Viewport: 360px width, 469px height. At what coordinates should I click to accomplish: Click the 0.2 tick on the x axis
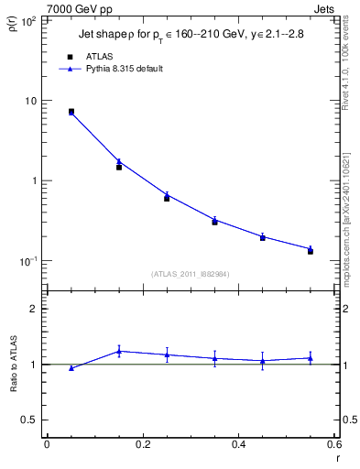142,445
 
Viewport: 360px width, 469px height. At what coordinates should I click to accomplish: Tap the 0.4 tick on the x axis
238,445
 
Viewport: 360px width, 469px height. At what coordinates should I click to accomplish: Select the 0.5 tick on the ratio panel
27,420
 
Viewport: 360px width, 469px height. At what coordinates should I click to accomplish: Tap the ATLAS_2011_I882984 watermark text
190,274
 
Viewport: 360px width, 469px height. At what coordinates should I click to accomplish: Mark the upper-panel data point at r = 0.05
71,112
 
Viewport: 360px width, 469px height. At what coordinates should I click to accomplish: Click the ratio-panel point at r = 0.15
119,351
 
